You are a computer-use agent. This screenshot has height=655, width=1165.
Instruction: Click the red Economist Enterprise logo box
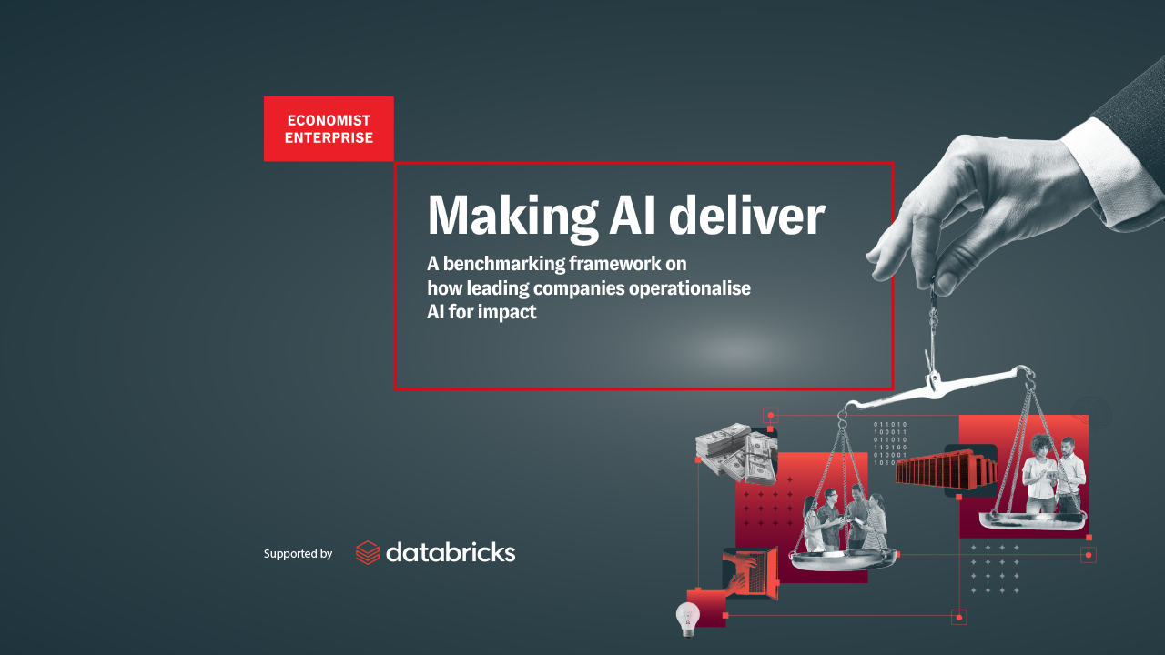[x=329, y=129]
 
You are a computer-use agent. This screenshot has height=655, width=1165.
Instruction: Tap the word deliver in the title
[x=747, y=215]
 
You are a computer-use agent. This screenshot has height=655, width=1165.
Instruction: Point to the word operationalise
[x=690, y=288]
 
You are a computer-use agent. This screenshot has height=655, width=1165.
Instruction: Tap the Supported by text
[x=298, y=554]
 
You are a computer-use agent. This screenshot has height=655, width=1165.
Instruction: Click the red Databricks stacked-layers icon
[x=368, y=552]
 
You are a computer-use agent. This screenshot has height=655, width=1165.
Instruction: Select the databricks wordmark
[x=451, y=552]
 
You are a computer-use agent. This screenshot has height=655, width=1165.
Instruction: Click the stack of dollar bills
[x=736, y=451]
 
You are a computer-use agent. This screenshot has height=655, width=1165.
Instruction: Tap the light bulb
[x=687, y=619]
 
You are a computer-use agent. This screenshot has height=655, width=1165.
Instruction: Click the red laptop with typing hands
[x=751, y=573]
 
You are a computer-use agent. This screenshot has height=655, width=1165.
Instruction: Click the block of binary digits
[x=890, y=443]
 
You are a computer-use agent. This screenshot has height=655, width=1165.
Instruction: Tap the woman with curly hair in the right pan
[x=1039, y=473]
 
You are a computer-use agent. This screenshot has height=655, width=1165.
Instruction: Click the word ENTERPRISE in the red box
[x=329, y=137]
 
